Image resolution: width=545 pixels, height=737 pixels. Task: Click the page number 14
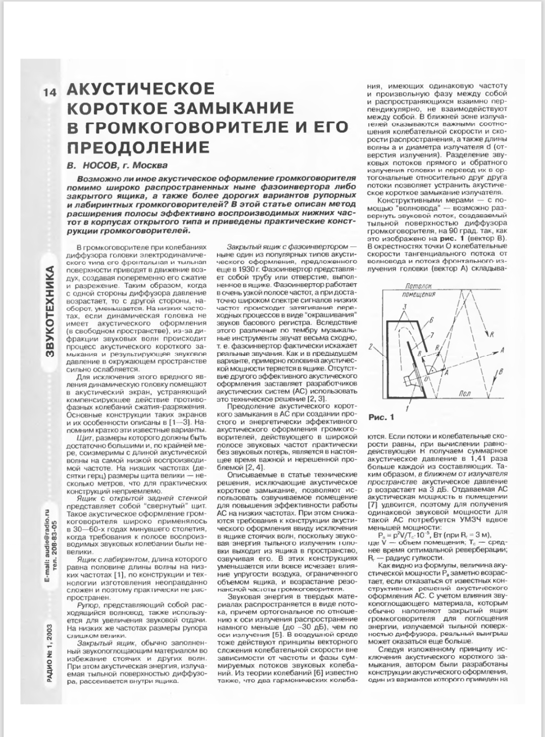tap(50, 93)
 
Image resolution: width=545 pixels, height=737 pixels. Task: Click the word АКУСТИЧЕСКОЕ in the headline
tap(141, 89)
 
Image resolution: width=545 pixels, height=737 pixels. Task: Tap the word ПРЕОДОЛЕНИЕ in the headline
tap(138, 147)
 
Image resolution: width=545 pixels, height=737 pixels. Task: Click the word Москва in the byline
tap(149, 165)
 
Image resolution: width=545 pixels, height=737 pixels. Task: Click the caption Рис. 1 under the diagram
tap(381, 417)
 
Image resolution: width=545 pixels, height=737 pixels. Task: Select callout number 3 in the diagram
tap(405, 307)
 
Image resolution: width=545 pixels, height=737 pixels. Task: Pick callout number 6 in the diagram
tap(432, 320)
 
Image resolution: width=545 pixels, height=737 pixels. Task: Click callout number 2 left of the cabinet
tap(371, 347)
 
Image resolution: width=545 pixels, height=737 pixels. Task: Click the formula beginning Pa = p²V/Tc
tap(433, 535)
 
